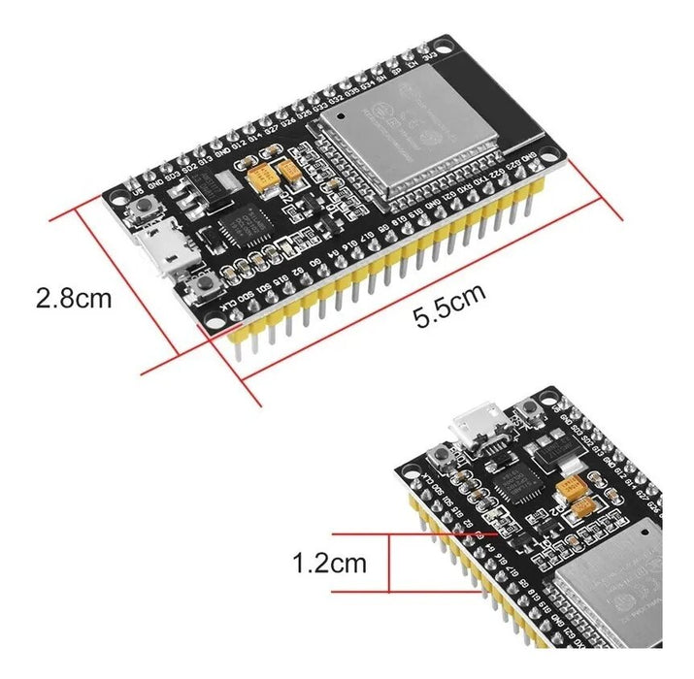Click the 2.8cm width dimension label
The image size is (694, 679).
tap(73, 297)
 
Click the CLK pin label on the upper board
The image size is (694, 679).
tap(230, 307)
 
